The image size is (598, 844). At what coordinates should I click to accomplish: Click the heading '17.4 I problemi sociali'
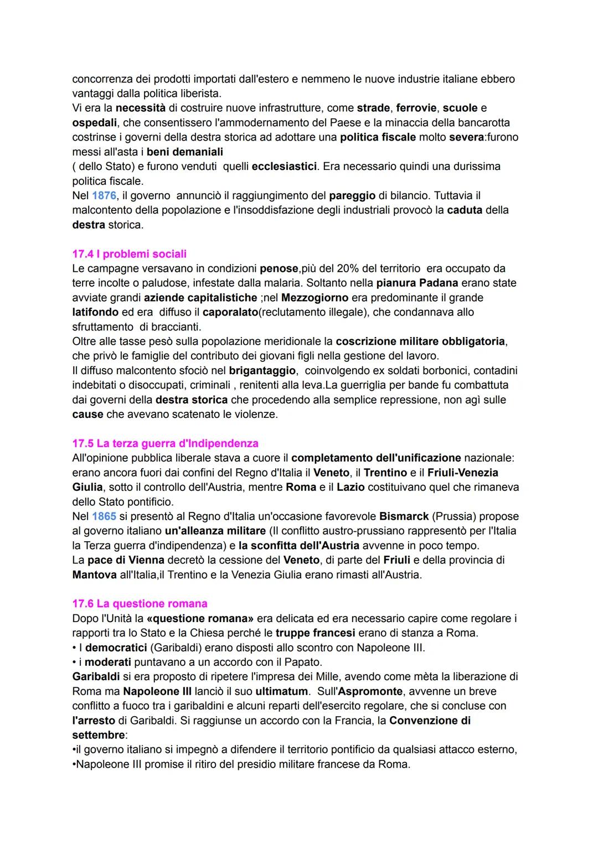129,254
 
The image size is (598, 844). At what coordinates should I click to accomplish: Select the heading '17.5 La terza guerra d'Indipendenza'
165,443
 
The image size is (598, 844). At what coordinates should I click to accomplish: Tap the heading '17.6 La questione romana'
140,604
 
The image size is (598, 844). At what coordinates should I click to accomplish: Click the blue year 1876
104,195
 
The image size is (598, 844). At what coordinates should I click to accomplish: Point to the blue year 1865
104,516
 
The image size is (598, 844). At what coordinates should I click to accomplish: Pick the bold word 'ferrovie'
416,108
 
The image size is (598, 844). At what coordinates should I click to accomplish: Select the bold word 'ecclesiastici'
284,166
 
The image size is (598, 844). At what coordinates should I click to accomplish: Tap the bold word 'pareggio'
352,195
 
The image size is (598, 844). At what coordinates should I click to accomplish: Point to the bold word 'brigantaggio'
262,370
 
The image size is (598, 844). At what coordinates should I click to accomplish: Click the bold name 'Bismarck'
404,516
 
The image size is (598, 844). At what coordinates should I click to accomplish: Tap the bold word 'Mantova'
94,574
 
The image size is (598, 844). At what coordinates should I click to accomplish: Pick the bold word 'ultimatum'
281,691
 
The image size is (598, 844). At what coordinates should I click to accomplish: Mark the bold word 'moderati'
107,662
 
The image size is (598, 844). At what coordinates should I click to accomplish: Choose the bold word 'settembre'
98,735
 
